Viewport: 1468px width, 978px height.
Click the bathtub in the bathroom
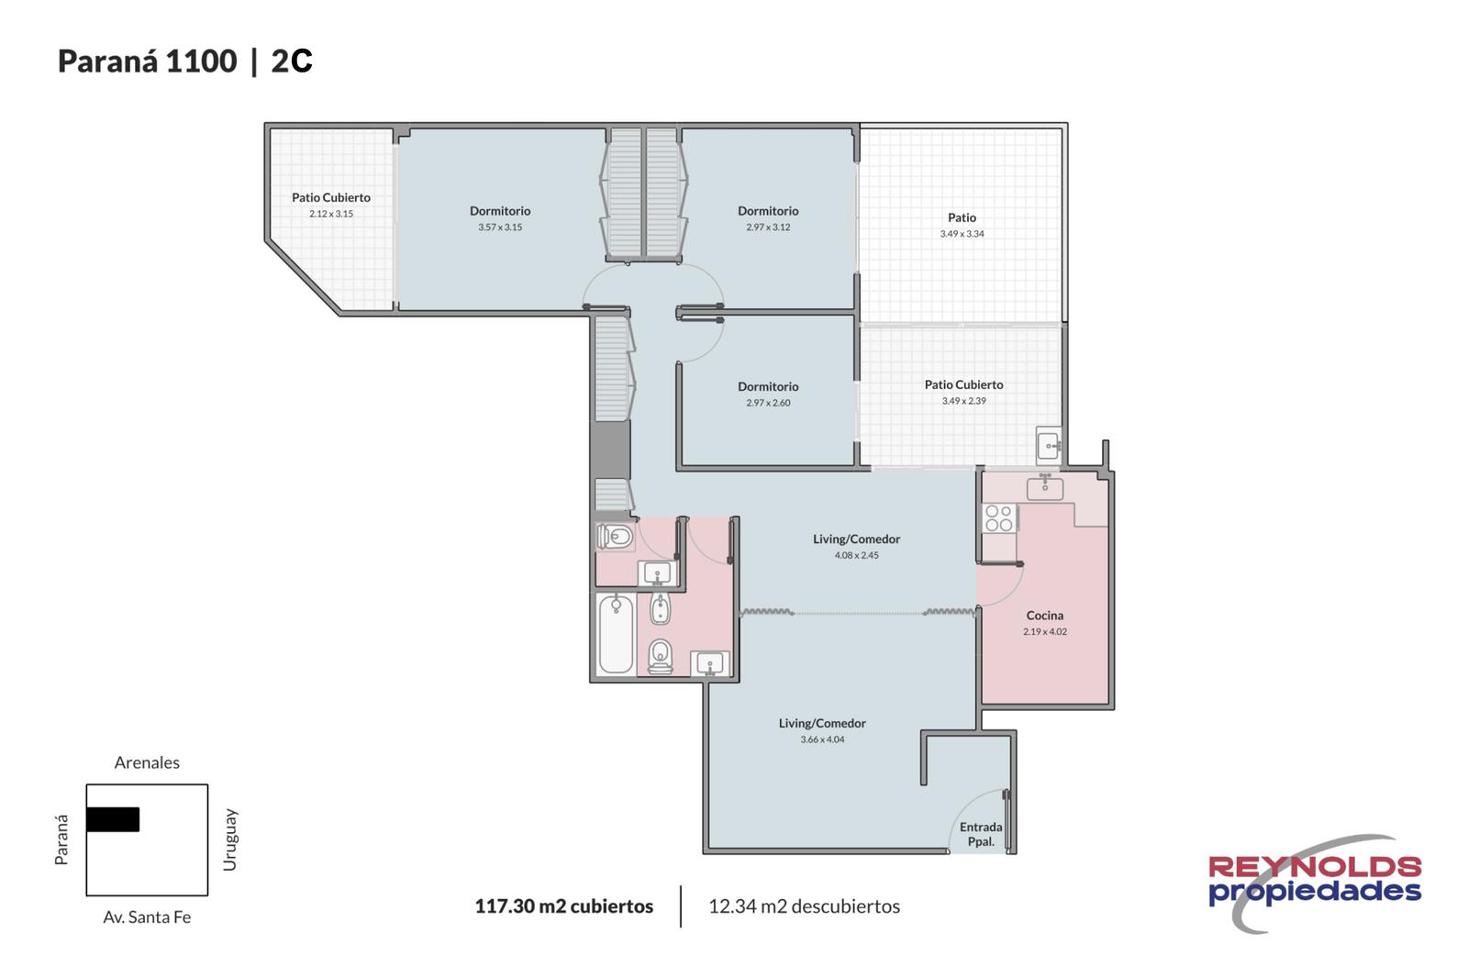pyautogui.click(x=616, y=634)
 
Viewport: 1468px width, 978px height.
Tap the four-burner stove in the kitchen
pyautogui.click(x=999, y=517)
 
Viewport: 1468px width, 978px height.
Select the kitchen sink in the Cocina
pyautogui.click(x=1045, y=486)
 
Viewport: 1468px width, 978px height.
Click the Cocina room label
pyautogui.click(x=1045, y=616)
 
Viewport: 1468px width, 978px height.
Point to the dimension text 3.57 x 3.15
pyautogui.click(x=500, y=228)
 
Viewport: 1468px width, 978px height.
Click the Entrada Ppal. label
pyautogui.click(x=981, y=834)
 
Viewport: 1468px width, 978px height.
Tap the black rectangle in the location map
pyautogui.click(x=113, y=819)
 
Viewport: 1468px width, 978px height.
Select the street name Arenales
pyautogui.click(x=147, y=762)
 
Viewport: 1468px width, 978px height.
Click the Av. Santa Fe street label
pyautogui.click(x=147, y=917)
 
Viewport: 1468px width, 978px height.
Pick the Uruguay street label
pyautogui.click(x=229, y=839)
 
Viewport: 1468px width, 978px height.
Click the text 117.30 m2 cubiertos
pyautogui.click(x=564, y=906)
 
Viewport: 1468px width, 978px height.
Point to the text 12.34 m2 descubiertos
pyautogui.click(x=804, y=906)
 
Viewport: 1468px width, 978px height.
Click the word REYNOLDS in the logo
pyautogui.click(x=1315, y=867)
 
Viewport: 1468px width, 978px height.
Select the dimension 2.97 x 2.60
pyautogui.click(x=768, y=403)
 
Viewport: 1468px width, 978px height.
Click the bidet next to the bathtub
pyautogui.click(x=661, y=607)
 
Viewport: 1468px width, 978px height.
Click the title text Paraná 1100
pyautogui.click(x=148, y=61)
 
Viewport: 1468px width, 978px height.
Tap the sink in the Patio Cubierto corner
pyautogui.click(x=1049, y=446)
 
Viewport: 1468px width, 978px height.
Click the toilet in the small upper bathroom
pyautogui.click(x=616, y=537)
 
